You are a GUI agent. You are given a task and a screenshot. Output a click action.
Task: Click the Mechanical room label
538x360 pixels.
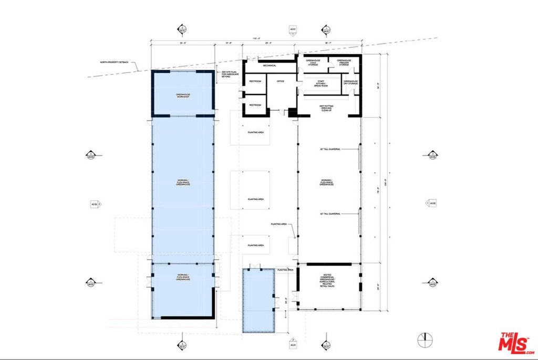(270, 66)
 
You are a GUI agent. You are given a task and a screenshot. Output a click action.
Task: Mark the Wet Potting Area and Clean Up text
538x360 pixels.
(326, 108)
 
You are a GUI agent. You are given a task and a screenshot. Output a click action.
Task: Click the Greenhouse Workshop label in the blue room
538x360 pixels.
(182, 97)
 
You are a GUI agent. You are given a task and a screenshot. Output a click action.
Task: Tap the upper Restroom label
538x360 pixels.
(255, 81)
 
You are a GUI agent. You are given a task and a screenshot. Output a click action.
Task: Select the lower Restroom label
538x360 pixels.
(255, 105)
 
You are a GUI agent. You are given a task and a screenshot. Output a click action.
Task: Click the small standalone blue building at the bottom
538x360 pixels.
(259, 300)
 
